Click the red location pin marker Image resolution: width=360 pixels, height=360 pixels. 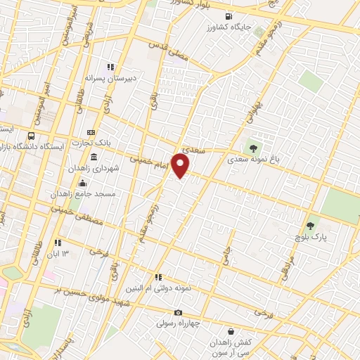click(181, 166)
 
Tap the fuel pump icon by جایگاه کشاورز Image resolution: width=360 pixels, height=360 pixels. click(228, 17)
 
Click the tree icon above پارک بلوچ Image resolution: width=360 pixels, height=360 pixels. click(311, 226)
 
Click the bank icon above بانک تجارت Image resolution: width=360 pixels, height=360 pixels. click(91, 132)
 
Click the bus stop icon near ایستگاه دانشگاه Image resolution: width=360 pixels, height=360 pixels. click(31, 136)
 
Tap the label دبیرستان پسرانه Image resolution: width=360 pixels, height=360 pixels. click(115, 78)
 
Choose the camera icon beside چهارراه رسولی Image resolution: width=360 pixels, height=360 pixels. click(179, 312)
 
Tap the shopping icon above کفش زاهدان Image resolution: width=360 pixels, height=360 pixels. click(231, 331)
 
